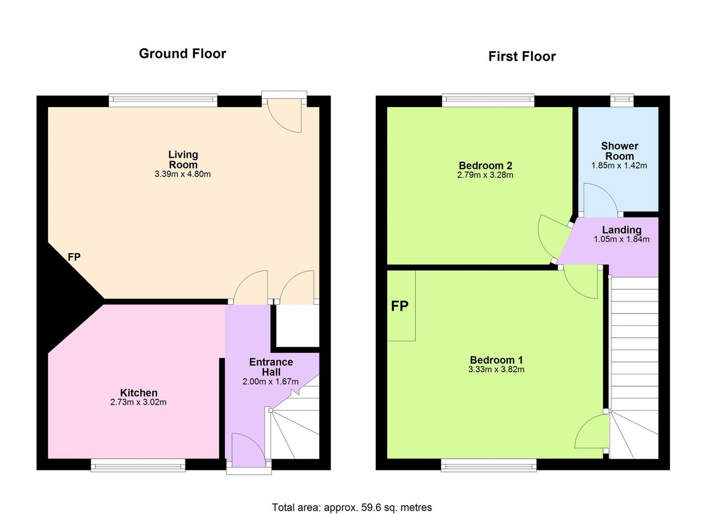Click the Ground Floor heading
point(182,54)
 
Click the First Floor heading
point(522,56)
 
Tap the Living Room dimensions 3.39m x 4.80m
point(183,174)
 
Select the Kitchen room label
point(139,393)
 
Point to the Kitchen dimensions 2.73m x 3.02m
point(138,402)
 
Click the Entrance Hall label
point(271,367)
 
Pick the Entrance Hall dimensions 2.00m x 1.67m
point(271,382)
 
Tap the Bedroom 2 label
point(486,165)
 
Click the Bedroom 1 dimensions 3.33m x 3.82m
point(496,369)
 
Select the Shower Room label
point(620,151)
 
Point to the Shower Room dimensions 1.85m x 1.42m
point(619,166)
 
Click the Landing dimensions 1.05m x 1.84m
point(621,240)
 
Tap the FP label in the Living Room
point(74,257)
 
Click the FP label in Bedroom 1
point(399,306)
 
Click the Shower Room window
point(622,100)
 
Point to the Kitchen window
point(138,465)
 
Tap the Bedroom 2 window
point(488,100)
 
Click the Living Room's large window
point(163,100)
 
